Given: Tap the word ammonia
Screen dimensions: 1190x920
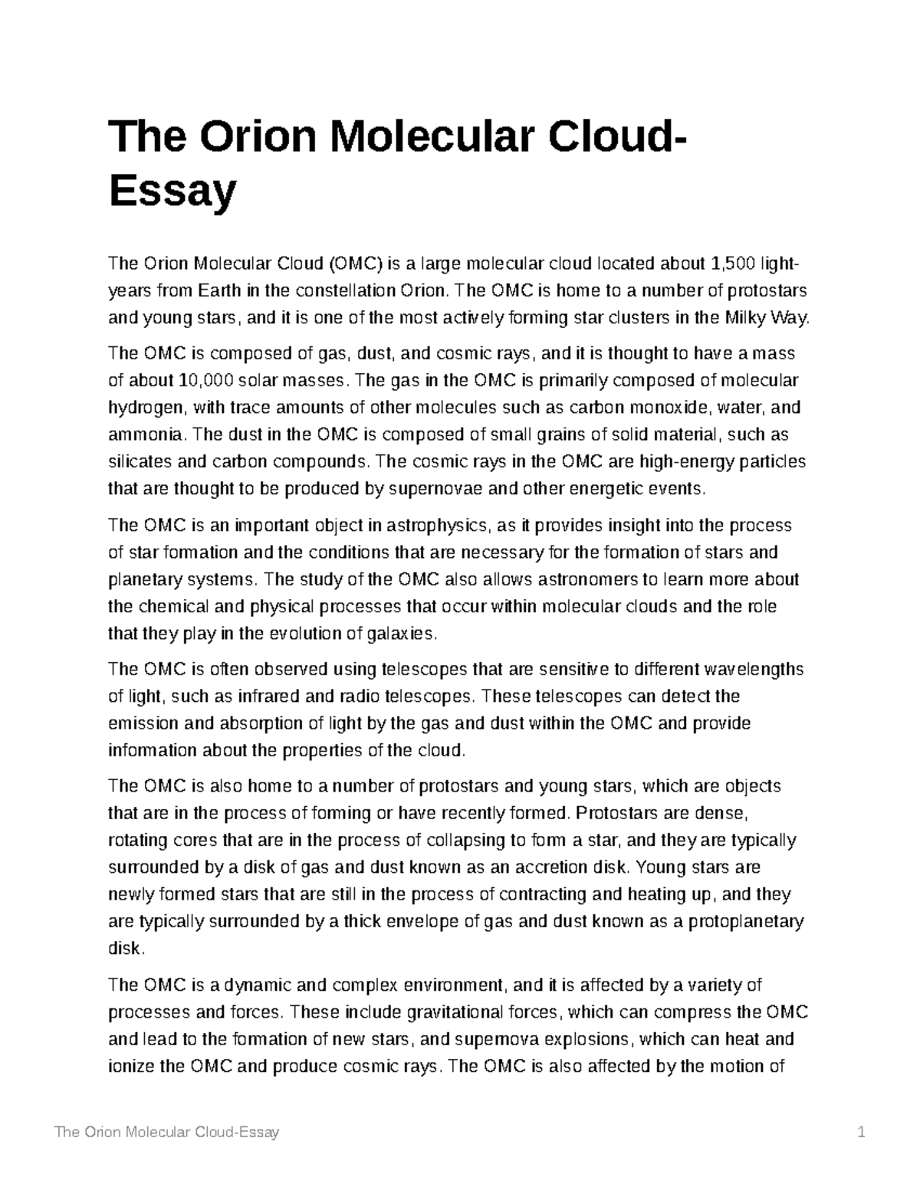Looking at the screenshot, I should [x=146, y=434].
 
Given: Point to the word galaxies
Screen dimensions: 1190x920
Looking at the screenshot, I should [x=402, y=634].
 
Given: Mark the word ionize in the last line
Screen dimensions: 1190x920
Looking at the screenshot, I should [x=131, y=1066].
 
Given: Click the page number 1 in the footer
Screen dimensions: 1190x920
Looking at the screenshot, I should [x=862, y=1132].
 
